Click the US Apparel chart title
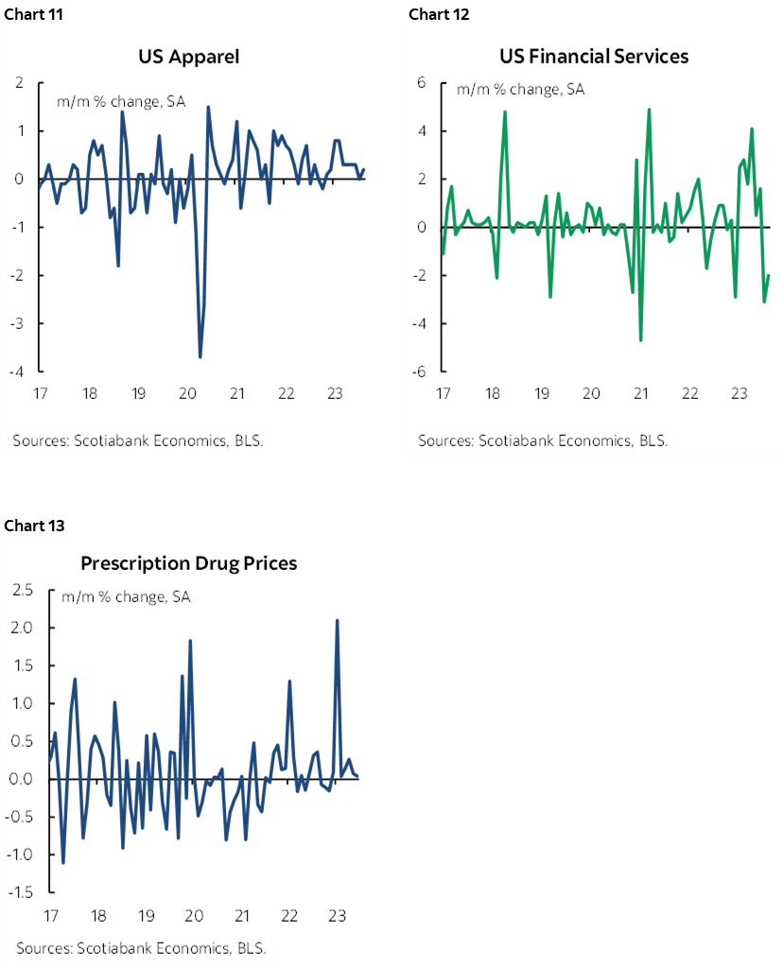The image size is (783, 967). pyautogui.click(x=189, y=57)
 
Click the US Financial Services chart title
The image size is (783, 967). pyautogui.click(x=594, y=57)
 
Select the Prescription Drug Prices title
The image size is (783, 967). pyautogui.click(x=189, y=563)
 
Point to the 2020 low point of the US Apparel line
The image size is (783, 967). pyautogui.click(x=200, y=356)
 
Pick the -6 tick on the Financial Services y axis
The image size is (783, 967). pyautogui.click(x=418, y=371)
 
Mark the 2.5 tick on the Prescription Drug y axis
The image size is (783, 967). pyautogui.click(x=21, y=591)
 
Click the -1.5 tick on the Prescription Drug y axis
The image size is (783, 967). pyautogui.click(x=19, y=892)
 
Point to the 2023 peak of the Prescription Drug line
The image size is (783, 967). pyautogui.click(x=337, y=620)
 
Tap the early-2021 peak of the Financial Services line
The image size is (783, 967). pyautogui.click(x=650, y=110)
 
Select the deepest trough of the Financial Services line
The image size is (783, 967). pyautogui.click(x=640, y=340)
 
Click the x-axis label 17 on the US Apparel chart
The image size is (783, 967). pyautogui.click(x=39, y=393)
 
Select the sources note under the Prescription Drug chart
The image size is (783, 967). pyautogui.click(x=141, y=947)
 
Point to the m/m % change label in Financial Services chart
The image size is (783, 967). pyautogui.click(x=520, y=91)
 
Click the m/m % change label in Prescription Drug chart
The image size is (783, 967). pyautogui.click(x=126, y=597)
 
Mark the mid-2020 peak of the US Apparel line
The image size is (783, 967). pyautogui.click(x=208, y=107)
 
